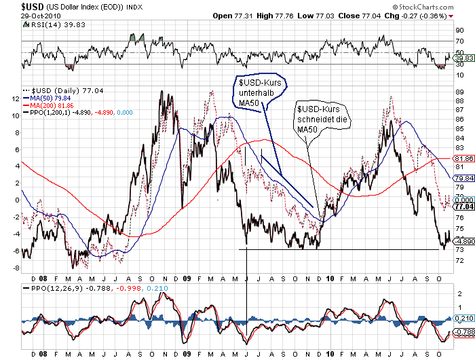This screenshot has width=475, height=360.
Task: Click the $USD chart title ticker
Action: pyautogui.click(x=14, y=6)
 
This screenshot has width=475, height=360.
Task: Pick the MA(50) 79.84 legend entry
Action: pyautogui.click(x=52, y=97)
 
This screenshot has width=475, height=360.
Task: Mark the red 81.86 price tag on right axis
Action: pyautogui.click(x=463, y=158)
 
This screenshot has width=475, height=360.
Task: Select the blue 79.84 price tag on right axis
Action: pyautogui.click(x=463, y=178)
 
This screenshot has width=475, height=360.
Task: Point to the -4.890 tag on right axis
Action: pyautogui.click(x=463, y=241)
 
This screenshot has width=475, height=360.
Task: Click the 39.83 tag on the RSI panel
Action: pyautogui.click(x=463, y=58)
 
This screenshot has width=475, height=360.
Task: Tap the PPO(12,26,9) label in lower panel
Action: pyautogui.click(x=47, y=288)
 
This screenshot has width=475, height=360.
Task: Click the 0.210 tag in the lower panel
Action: pyautogui.click(x=463, y=318)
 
